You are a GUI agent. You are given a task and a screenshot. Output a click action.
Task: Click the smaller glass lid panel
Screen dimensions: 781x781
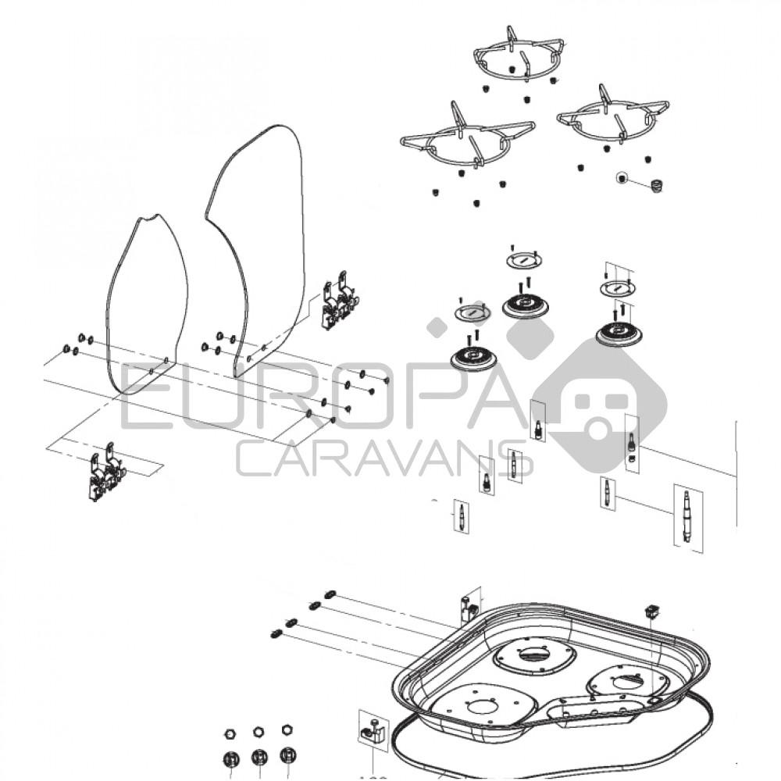(146, 305)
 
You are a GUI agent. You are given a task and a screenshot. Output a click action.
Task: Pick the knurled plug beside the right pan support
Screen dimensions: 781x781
(656, 186)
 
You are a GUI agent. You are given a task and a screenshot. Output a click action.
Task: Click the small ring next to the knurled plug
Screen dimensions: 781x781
(622, 177)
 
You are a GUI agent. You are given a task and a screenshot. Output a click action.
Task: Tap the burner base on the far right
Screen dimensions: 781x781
(619, 335)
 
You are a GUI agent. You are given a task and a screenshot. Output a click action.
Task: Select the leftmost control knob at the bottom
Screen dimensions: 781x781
(230, 758)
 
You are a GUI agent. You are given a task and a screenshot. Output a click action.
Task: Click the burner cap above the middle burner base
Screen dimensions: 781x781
(524, 259)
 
